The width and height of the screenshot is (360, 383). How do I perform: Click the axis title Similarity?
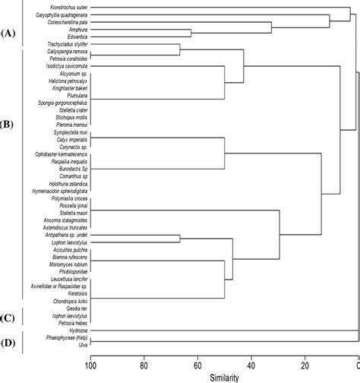tap(226, 376)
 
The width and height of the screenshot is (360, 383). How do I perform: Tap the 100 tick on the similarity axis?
tap(91, 364)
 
